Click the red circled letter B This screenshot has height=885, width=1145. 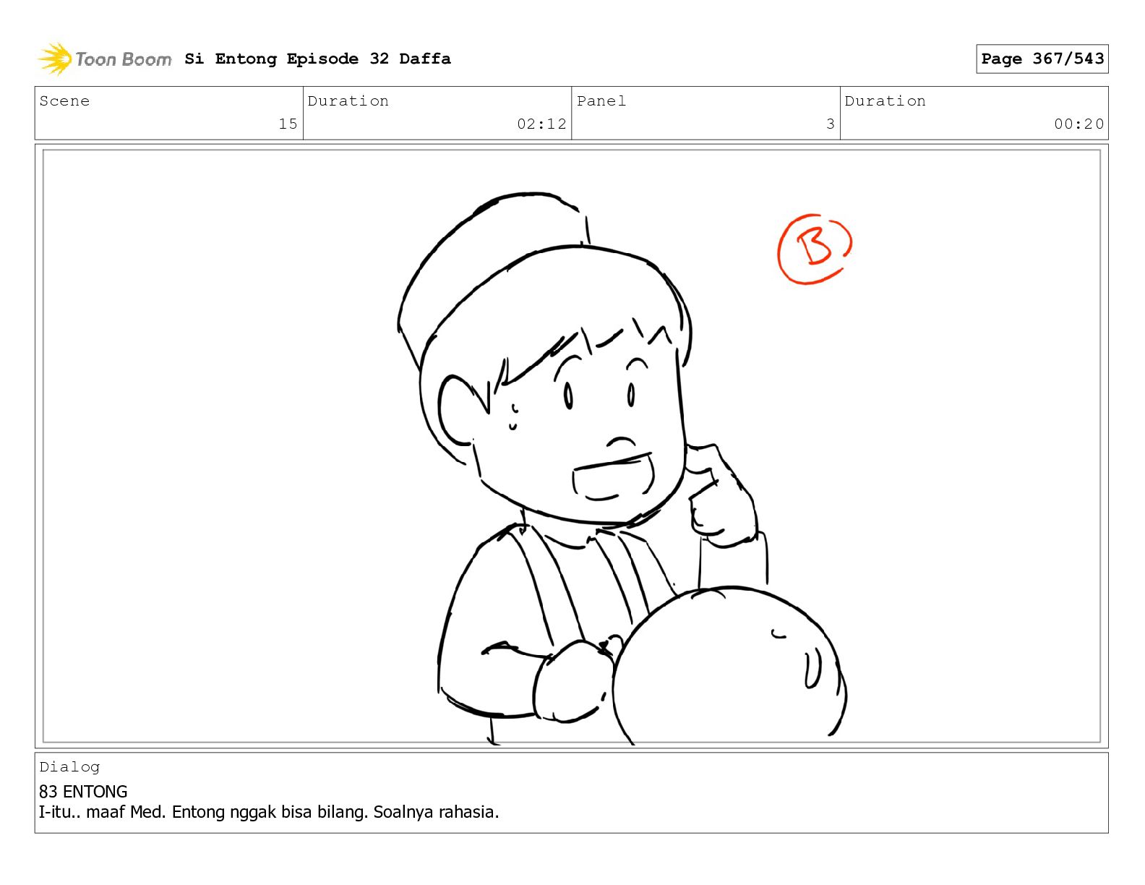[814, 249]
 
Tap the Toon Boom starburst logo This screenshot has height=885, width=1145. [55, 59]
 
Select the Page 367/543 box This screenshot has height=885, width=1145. [1042, 59]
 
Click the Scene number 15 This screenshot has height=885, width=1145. [288, 124]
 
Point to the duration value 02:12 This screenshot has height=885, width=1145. [541, 124]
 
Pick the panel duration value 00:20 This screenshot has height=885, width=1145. [1078, 124]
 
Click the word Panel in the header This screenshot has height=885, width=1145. [601, 101]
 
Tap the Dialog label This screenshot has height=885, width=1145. [69, 767]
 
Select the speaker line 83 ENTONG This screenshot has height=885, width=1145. [83, 792]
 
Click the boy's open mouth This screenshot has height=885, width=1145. [613, 476]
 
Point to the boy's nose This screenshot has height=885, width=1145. [621, 442]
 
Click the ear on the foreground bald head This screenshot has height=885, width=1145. [812, 668]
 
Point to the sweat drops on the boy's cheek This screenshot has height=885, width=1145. [513, 417]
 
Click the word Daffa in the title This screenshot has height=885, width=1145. [425, 59]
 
